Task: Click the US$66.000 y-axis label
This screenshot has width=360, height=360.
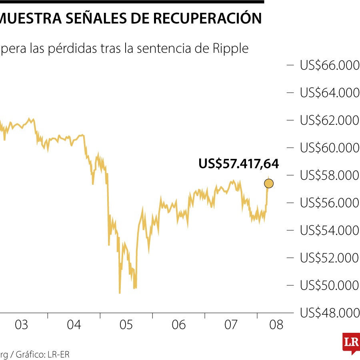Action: click(x=330, y=65)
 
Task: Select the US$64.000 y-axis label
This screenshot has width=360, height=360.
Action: click(x=330, y=93)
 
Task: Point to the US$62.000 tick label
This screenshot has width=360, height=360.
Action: click(x=330, y=120)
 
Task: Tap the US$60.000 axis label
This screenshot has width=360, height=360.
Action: click(x=330, y=148)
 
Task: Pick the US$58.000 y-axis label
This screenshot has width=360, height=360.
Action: click(x=330, y=176)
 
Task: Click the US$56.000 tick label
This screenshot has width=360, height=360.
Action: click(x=330, y=203)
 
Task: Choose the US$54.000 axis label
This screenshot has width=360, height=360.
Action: click(x=330, y=231)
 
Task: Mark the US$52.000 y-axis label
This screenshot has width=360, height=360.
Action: click(x=330, y=258)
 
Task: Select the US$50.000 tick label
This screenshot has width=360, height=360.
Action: click(x=330, y=286)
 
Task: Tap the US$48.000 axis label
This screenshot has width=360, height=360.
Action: click(x=330, y=313)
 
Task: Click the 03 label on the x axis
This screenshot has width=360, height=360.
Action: click(x=22, y=325)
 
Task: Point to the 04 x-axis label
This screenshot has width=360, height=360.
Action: click(x=74, y=325)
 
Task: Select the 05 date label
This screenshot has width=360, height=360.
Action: click(x=126, y=325)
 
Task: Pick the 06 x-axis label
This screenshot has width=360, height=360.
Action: click(x=179, y=325)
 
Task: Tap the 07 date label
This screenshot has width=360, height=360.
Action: click(x=231, y=325)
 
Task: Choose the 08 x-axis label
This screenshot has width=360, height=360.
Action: click(x=276, y=325)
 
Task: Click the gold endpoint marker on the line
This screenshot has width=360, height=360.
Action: click(x=269, y=184)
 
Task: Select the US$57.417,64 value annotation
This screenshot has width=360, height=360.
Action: click(x=238, y=164)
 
